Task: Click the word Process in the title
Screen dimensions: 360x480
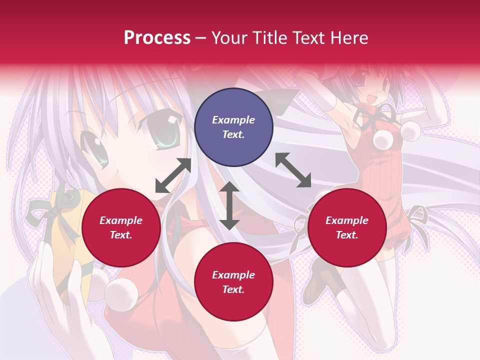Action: click(x=157, y=38)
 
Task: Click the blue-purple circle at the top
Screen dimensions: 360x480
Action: click(x=233, y=127)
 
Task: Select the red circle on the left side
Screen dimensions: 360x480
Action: click(x=121, y=228)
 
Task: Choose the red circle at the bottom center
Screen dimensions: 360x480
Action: click(x=233, y=282)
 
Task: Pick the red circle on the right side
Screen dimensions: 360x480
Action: click(x=346, y=228)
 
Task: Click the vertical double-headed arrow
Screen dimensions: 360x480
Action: click(x=229, y=205)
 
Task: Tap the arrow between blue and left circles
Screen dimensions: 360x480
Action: click(x=173, y=175)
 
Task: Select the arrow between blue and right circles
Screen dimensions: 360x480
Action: click(x=293, y=170)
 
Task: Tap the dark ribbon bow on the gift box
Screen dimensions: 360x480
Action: click(x=50, y=207)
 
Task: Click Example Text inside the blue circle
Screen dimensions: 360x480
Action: click(x=233, y=127)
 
